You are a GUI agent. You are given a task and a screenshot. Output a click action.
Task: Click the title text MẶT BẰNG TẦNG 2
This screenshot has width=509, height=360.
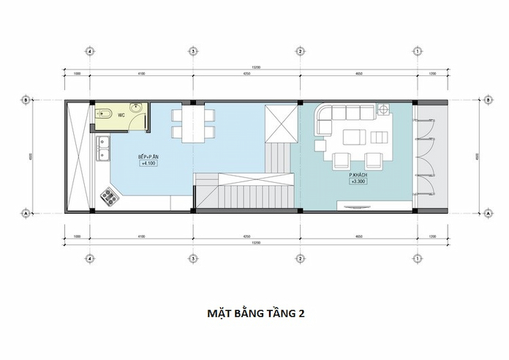(x=254, y=313)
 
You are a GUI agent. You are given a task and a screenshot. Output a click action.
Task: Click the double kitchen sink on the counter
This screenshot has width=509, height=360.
(x=103, y=151)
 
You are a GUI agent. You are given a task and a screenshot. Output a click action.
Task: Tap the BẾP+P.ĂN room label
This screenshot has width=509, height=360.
(x=151, y=157)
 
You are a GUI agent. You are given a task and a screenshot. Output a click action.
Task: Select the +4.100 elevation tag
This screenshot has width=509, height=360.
(x=151, y=165)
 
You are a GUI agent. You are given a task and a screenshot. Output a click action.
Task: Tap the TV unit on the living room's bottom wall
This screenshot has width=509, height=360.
(x=358, y=208)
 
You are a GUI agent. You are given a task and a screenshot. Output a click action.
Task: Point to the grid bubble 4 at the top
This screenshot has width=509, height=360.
(x=89, y=52)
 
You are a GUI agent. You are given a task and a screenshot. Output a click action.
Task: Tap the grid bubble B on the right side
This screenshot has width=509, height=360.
(x=487, y=100)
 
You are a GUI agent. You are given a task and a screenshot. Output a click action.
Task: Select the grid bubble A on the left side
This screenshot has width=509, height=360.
(x=26, y=213)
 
